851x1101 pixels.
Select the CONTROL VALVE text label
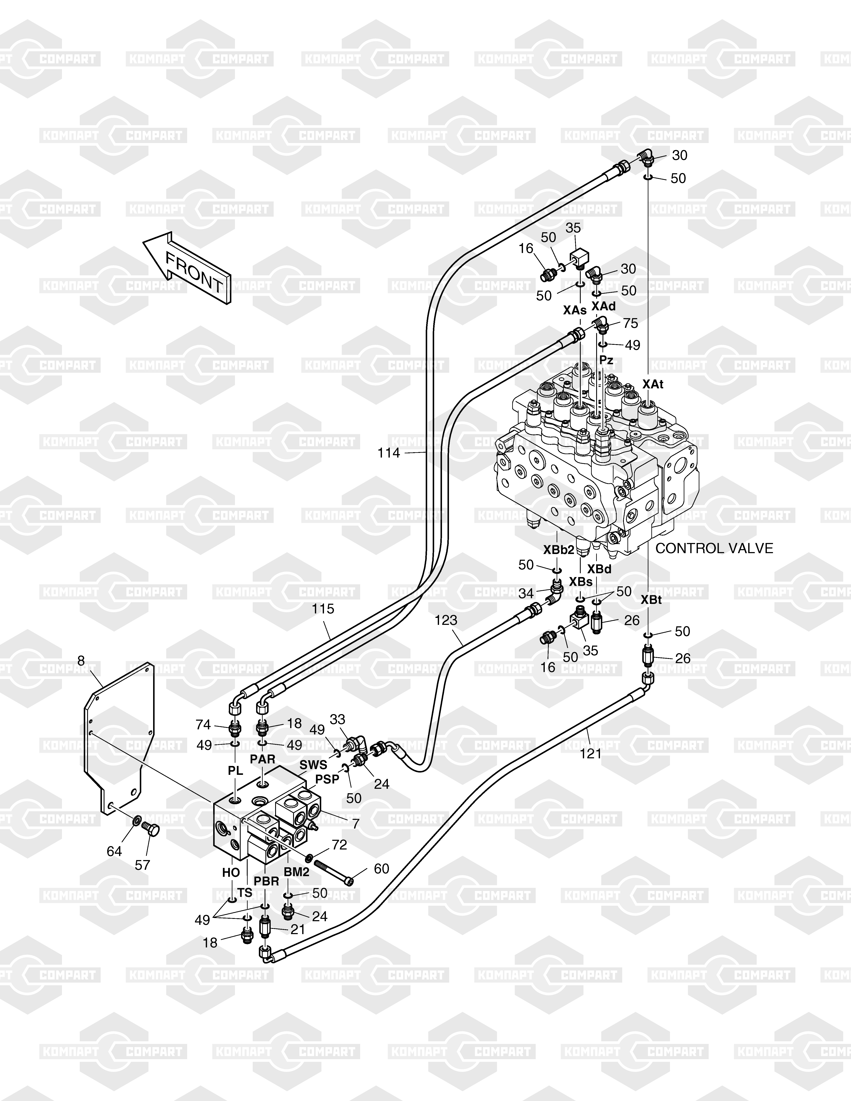714,548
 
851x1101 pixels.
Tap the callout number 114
389,453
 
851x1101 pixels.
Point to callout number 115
323,609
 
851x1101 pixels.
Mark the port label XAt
653,384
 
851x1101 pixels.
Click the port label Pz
607,360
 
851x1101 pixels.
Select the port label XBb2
559,550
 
